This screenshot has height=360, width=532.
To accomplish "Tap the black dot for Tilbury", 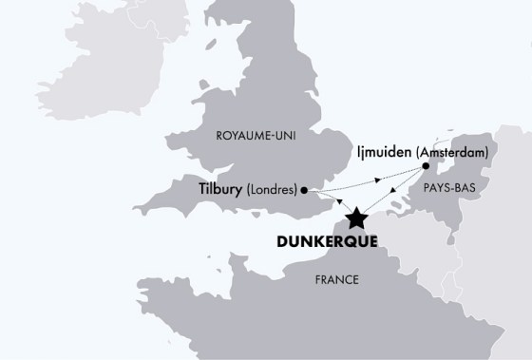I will tap(303, 190).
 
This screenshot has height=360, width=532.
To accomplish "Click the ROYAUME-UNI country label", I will tap(256, 136).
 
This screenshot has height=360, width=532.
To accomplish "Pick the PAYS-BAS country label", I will tap(445, 188).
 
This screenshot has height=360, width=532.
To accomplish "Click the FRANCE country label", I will tap(337, 279).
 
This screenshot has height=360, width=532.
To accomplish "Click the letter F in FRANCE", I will tap(318, 279).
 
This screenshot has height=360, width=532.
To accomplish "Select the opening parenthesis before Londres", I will tap(249, 189).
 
